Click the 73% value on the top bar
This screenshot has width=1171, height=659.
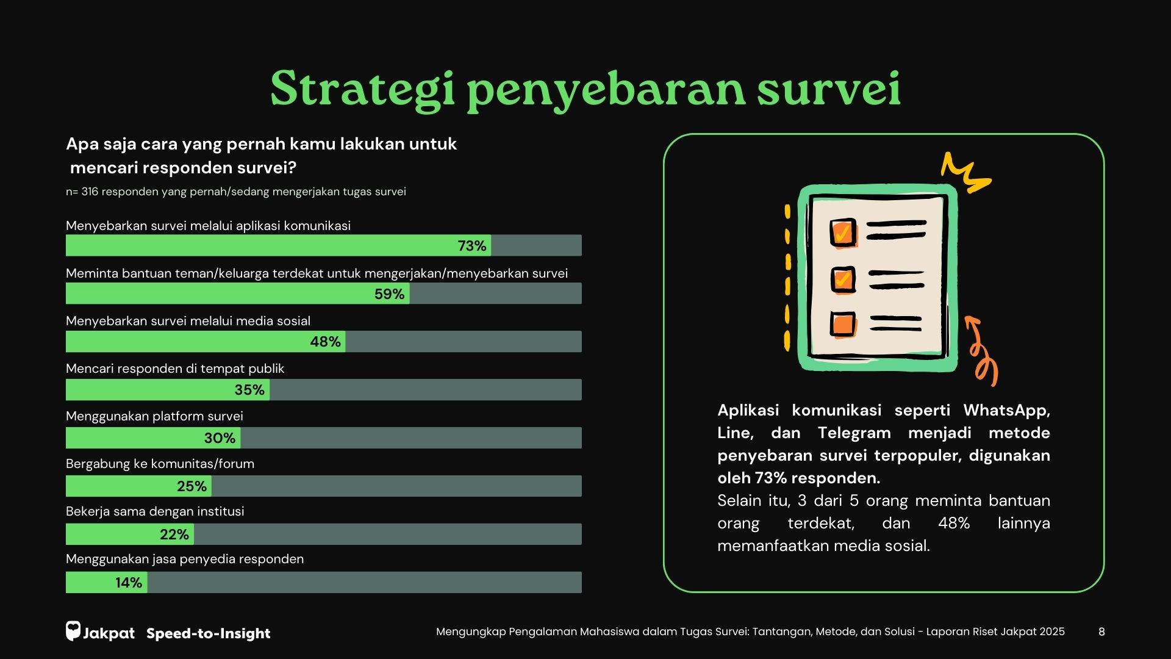(471, 246)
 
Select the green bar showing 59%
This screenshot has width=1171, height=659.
(237, 293)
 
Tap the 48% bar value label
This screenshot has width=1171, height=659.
(325, 342)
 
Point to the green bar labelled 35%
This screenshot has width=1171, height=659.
(168, 390)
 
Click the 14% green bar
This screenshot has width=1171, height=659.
(106, 583)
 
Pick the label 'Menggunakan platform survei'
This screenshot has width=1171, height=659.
(154, 416)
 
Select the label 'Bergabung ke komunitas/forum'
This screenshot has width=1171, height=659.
(160, 464)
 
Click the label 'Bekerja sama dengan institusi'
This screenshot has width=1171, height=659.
(155, 511)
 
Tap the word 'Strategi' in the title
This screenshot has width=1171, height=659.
(362, 89)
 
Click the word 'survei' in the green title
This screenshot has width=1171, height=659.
(829, 89)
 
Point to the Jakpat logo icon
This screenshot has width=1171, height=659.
(73, 631)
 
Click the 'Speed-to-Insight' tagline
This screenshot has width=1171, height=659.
(208, 633)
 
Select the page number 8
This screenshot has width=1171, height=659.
(1101, 632)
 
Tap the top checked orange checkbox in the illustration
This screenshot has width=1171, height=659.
(843, 232)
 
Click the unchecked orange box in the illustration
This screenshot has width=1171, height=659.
(843, 323)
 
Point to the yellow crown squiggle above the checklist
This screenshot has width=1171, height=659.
(965, 171)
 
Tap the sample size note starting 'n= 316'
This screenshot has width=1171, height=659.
(236, 192)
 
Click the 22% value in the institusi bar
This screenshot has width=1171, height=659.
(174, 535)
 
